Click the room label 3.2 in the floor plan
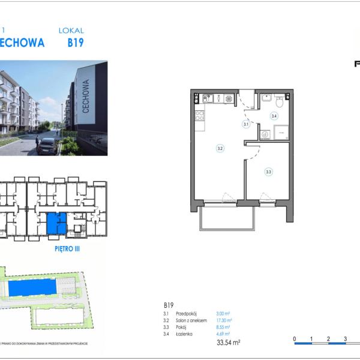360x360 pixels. click(x=220, y=148)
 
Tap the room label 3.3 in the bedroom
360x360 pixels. click(x=268, y=172)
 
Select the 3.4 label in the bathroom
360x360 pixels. click(x=274, y=116)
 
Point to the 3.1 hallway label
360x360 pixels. click(x=246, y=125)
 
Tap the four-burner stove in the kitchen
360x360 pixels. click(x=200, y=115)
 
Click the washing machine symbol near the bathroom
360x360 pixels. click(x=265, y=134)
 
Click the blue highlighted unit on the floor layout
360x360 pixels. click(x=53, y=223)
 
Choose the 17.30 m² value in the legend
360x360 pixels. click(x=224, y=321)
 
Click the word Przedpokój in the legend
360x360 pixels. click(x=187, y=314)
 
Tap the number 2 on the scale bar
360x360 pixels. click(x=328, y=338)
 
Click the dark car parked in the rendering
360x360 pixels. click(x=47, y=145)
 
